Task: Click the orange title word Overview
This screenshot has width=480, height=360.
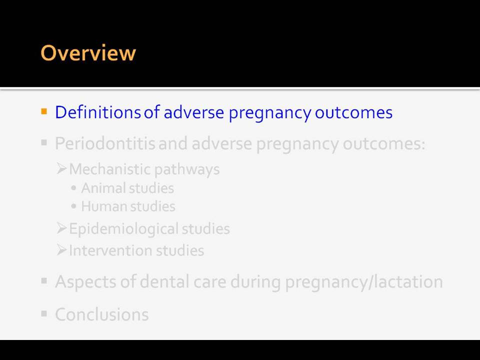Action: [x=88, y=53]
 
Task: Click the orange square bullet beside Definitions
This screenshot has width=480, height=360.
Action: [x=44, y=111]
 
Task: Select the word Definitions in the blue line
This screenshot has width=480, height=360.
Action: [x=98, y=112]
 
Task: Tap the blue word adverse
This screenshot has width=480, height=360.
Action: [x=194, y=112]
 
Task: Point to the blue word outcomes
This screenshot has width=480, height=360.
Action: [x=353, y=112]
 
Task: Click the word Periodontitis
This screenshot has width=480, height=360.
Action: [x=105, y=143]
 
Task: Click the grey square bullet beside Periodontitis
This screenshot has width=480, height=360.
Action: [x=44, y=142]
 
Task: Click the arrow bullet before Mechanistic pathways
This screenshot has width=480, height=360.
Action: [x=61, y=168]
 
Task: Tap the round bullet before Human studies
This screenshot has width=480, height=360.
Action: [x=73, y=206]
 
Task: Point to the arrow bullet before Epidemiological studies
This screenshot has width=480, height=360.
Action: [x=61, y=228]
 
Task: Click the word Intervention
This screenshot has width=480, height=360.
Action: [x=111, y=250]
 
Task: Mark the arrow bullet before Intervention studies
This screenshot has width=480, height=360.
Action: [x=61, y=250]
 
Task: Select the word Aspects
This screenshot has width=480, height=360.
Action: [x=85, y=282]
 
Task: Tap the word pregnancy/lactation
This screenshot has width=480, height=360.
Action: [x=364, y=282]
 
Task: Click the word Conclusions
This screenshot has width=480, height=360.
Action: [x=102, y=314]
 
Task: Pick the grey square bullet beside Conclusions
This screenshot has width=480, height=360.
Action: [x=44, y=313]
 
